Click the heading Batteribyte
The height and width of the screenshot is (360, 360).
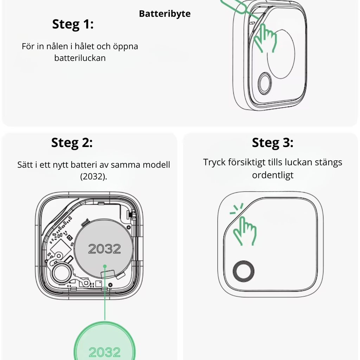(x=165, y=14)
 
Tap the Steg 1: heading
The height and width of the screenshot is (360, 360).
(x=73, y=24)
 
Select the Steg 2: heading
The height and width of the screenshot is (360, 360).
(x=72, y=143)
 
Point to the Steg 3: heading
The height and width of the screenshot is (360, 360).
(x=272, y=143)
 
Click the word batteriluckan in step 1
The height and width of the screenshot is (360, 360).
(x=80, y=58)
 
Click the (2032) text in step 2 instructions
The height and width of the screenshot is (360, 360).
(x=94, y=176)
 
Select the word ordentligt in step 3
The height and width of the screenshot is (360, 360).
(x=273, y=175)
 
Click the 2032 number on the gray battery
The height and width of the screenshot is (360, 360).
(x=104, y=249)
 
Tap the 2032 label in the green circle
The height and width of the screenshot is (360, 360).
(x=104, y=352)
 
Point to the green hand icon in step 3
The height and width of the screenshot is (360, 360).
(x=245, y=231)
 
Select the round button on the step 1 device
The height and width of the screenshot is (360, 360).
(x=265, y=83)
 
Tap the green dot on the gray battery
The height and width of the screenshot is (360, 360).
(x=105, y=266)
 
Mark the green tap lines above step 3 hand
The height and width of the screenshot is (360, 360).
(x=237, y=208)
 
